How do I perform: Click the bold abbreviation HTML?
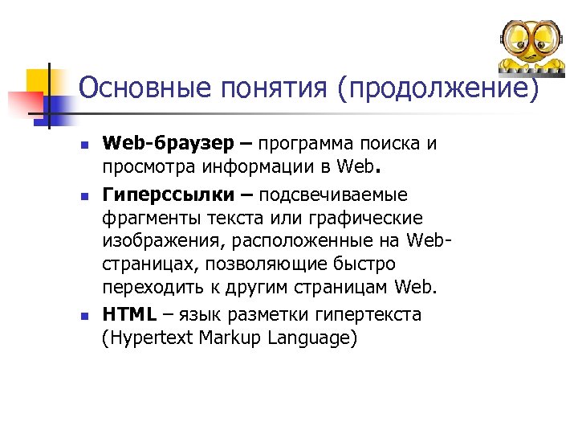(x=129, y=313)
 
